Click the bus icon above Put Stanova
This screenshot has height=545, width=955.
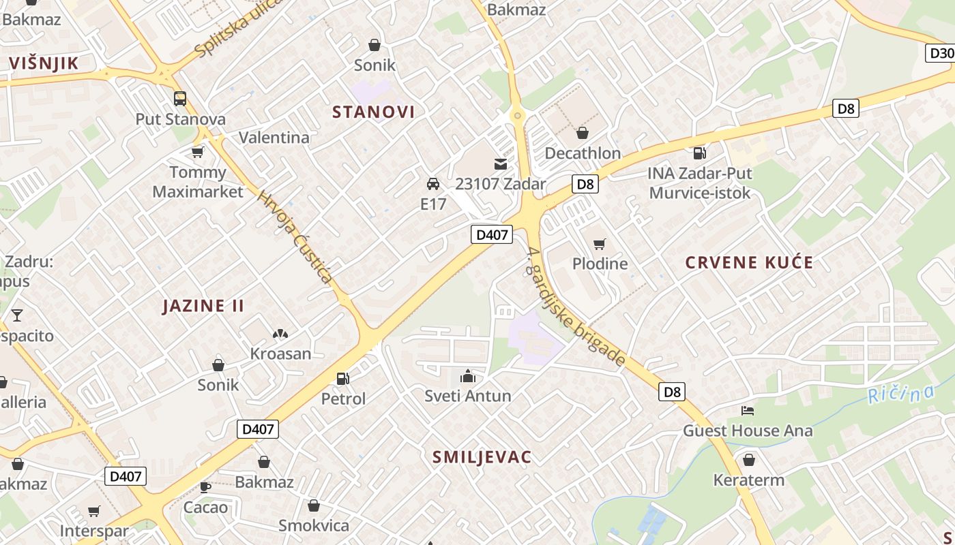tap(180, 99)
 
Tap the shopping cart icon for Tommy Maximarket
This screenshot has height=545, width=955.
tap(198, 151)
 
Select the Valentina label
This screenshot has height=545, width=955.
tap(274, 138)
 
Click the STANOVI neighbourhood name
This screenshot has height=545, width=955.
tap(373, 112)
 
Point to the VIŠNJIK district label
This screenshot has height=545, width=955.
tap(53, 64)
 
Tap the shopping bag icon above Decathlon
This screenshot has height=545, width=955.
tap(583, 133)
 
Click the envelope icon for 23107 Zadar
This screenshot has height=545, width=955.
tap(501, 164)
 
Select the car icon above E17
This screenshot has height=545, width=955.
tap(432, 184)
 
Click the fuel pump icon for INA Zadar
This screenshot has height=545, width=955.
tap(699, 153)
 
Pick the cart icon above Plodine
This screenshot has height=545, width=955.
tap(600, 244)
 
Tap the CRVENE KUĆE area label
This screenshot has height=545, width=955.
tap(749, 263)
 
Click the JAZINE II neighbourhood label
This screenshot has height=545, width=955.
tap(203, 306)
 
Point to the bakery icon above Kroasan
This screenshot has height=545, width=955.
tap(280, 334)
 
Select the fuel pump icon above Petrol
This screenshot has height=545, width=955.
tap(343, 379)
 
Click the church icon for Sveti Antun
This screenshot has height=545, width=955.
tap(468, 376)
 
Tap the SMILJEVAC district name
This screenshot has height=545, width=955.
tap(482, 457)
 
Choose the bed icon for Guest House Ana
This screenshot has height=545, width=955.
tap(748, 411)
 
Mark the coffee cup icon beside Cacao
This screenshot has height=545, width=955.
tap(205, 487)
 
